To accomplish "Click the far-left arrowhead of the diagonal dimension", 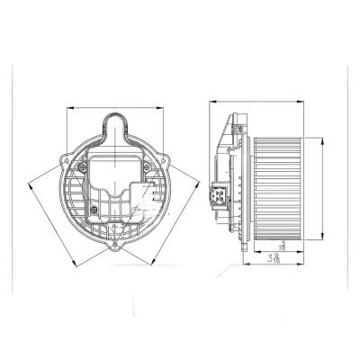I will (30, 185).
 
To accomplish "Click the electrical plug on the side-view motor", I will (219, 194).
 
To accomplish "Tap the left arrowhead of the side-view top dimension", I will (211, 101).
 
